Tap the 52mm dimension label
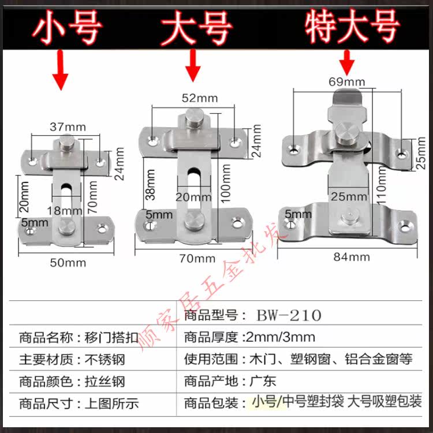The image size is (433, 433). click(x=199, y=98)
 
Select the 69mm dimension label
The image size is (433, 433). click(x=346, y=82)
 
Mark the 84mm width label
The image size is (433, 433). click(x=352, y=256)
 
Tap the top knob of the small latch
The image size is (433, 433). click(x=67, y=143)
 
